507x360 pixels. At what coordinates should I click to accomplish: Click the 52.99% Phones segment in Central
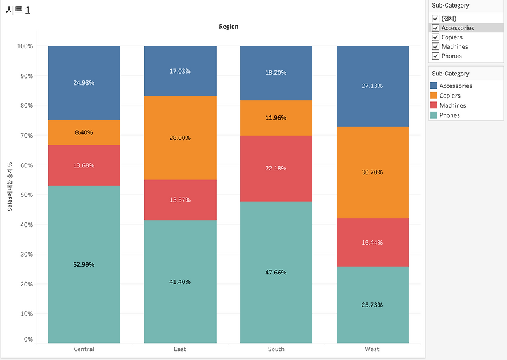point(84,264)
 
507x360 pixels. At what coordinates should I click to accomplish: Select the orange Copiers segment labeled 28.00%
point(181,138)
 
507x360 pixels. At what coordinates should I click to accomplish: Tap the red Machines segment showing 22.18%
point(276,168)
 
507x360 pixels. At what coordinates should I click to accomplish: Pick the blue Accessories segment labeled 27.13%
point(372,86)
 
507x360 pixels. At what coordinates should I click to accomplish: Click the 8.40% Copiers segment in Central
point(84,132)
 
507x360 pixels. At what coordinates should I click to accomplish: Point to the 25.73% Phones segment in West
point(372,304)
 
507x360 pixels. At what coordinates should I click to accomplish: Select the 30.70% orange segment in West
point(372,172)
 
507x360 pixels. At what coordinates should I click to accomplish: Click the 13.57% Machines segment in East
point(181,200)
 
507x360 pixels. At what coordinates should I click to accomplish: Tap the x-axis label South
point(276,349)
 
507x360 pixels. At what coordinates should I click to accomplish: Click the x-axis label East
point(180,349)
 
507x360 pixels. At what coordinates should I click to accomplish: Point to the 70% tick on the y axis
point(25,135)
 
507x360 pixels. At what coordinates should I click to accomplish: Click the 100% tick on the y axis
point(24,46)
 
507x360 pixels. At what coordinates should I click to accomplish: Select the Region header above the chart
point(228,27)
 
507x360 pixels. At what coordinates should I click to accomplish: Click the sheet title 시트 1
point(18,10)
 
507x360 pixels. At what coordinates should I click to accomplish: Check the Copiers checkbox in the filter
point(435,37)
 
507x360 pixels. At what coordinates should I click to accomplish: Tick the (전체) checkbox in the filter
point(435,18)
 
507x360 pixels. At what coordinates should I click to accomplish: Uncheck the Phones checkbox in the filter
point(435,56)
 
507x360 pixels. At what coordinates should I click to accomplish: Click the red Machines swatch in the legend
point(434,105)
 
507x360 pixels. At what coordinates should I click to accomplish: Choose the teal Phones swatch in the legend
point(434,115)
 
